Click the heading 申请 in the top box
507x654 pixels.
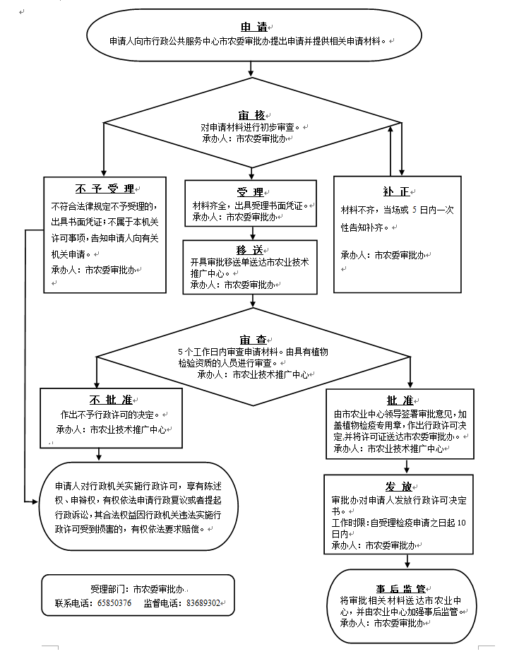pos(253,27)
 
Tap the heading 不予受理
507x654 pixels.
pos(105,189)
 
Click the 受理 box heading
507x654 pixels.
pos(250,192)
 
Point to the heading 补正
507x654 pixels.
pos(396,192)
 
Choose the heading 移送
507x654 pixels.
pos(250,249)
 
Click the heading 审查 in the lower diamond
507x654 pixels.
pos(253,340)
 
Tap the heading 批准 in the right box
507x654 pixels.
pos(400,400)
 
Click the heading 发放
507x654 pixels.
pos(399,487)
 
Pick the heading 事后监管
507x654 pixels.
pos(400,588)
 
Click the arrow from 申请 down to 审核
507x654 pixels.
pos(251,68)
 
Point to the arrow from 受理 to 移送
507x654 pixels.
pos(251,232)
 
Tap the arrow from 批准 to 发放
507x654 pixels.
pos(406,466)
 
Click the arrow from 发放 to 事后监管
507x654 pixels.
pos(406,561)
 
